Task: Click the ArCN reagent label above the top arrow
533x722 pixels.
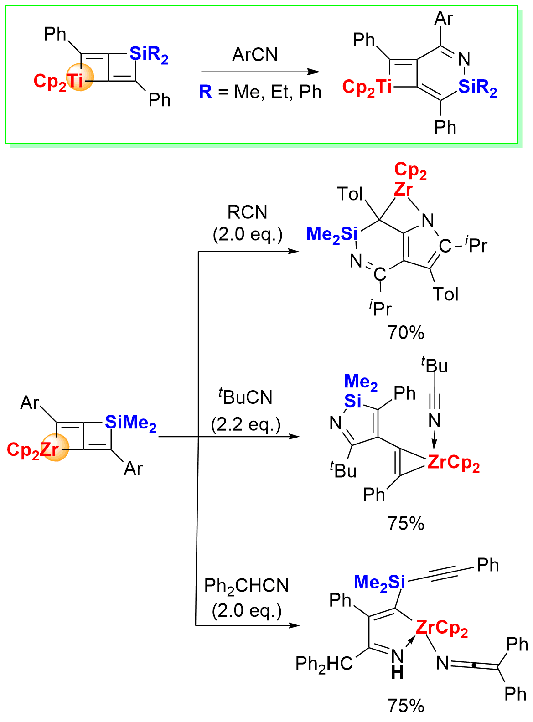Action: pyautogui.click(x=254, y=55)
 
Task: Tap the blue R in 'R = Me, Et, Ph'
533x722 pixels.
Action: pyautogui.click(x=206, y=92)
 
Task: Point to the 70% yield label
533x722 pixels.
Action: pyautogui.click(x=406, y=333)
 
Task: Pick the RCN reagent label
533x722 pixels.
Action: pyautogui.click(x=248, y=212)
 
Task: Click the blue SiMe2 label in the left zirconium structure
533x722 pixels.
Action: pyautogui.click(x=131, y=423)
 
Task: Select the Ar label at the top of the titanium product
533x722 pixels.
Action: pyautogui.click(x=444, y=19)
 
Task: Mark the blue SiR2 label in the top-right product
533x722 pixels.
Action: pyautogui.click(x=477, y=87)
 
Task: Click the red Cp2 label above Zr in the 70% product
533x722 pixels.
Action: pyautogui.click(x=410, y=170)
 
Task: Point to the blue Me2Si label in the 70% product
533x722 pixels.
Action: pyautogui.click(x=332, y=234)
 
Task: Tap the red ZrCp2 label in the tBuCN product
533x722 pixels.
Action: pyautogui.click(x=453, y=463)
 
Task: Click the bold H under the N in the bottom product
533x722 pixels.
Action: pyautogui.click(x=397, y=672)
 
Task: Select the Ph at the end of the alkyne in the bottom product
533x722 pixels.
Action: pyautogui.click(x=488, y=565)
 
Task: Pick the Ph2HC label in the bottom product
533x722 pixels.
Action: pyautogui.click(x=324, y=664)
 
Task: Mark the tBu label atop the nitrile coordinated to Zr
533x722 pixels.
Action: pyautogui.click(x=435, y=366)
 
